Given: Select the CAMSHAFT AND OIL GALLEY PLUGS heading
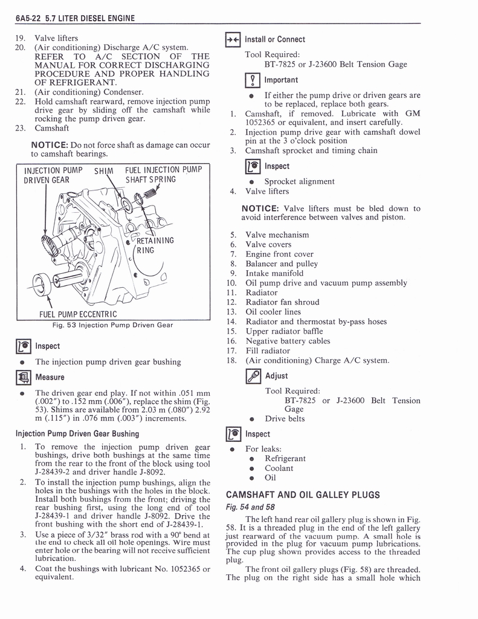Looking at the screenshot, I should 302,495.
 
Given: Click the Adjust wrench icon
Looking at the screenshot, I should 253,375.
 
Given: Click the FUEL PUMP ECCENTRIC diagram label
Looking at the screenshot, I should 78,314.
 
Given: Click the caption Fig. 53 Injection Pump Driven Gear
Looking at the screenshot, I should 112,325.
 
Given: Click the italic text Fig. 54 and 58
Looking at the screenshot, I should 250,507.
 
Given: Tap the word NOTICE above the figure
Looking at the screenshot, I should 50,144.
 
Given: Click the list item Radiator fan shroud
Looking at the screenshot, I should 282,302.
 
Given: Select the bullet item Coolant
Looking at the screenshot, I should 279,468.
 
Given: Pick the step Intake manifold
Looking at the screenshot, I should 274,273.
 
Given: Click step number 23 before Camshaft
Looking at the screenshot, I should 19,128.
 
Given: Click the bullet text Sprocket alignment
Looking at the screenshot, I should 299,181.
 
